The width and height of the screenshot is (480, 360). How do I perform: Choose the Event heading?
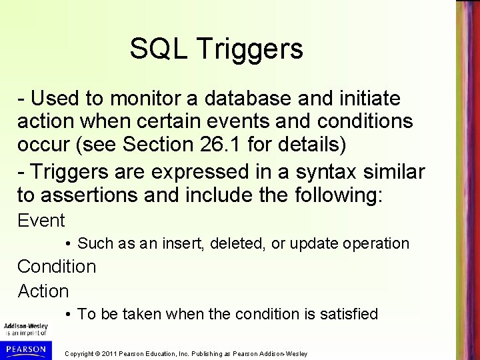41,220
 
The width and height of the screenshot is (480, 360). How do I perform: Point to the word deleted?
234,244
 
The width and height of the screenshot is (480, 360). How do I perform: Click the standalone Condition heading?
57,267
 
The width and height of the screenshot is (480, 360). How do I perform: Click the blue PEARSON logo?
27,349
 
